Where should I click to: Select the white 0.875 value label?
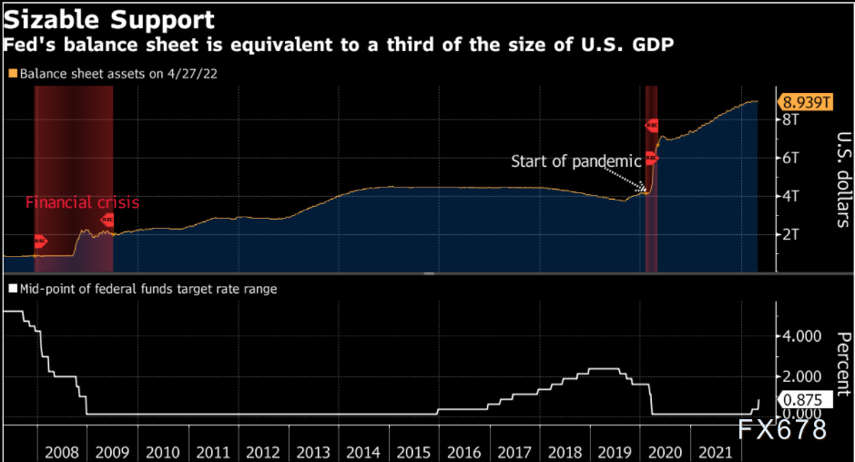[x=802, y=399]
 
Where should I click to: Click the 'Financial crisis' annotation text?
[x=82, y=202]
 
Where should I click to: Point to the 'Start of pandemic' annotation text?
[x=576, y=161]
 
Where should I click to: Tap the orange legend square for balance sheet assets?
[x=12, y=73]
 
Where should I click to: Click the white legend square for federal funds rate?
[x=12, y=289]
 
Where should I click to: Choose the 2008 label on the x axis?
[x=61, y=452]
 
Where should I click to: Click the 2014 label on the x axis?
[x=364, y=452]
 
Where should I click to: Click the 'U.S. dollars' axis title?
[x=841, y=179]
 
